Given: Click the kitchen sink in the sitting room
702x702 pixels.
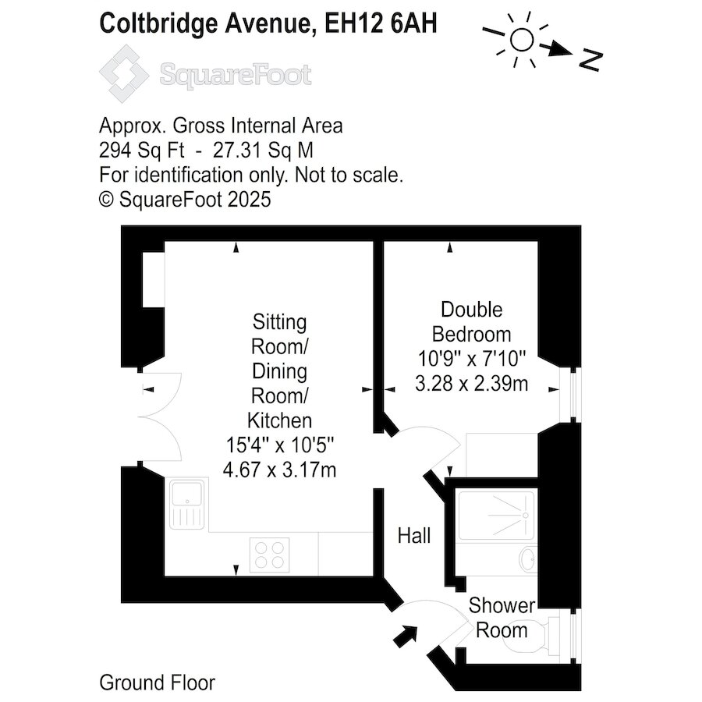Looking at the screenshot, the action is [187, 504].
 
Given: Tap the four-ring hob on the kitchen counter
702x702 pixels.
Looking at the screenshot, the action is [269, 555].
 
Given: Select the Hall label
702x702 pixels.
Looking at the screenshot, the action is [414, 536].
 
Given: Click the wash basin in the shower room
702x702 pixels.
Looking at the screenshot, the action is [528, 558].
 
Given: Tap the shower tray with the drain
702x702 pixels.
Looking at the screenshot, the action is [496, 515].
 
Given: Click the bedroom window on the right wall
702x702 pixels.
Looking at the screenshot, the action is [571, 395].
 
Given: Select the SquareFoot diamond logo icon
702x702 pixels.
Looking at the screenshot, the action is [124, 74].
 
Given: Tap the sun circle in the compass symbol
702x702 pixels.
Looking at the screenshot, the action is [522, 41].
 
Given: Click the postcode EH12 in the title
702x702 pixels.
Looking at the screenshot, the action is [354, 23].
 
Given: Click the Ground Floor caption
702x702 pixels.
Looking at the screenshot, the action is [157, 683].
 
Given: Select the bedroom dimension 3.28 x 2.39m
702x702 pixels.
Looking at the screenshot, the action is [471, 384].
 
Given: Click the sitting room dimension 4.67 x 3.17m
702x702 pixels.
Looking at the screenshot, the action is [279, 470].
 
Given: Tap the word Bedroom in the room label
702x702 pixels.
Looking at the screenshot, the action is [471, 335].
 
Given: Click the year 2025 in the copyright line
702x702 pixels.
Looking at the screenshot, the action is [249, 200].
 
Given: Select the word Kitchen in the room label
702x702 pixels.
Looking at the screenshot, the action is [279, 421].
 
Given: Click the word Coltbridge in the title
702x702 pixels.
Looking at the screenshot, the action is [158, 24].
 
